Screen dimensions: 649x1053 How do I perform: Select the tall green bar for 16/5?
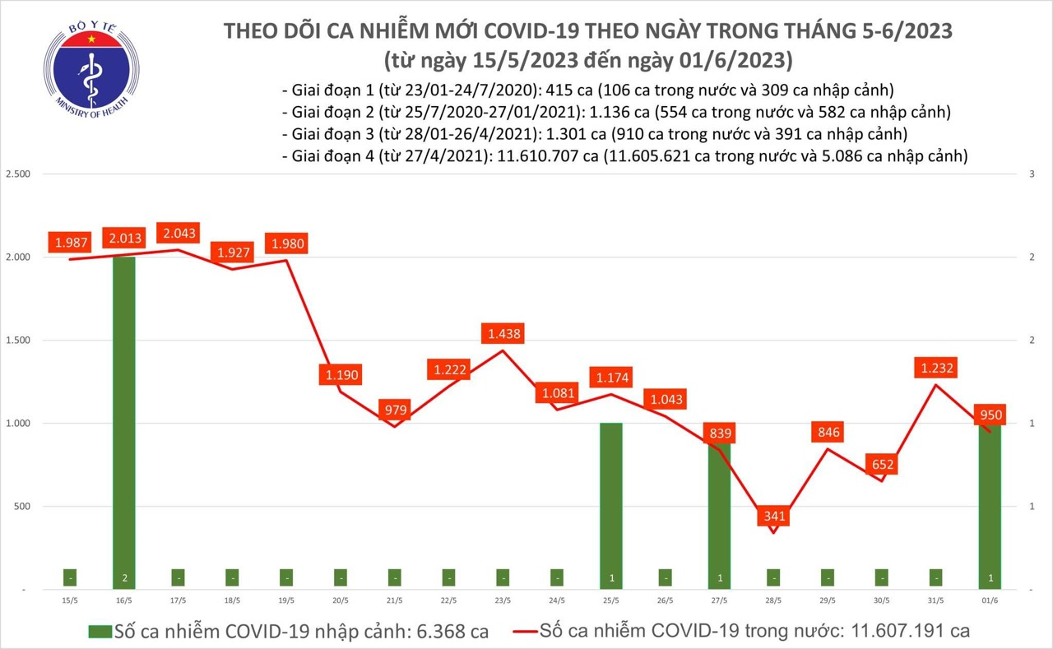tap(124, 411)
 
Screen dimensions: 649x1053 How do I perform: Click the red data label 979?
tap(395, 409)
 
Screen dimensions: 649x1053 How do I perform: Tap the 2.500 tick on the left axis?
tap(17, 174)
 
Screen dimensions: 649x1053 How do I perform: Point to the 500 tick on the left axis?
tap(21, 506)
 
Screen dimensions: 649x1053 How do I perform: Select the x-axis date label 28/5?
tap(773, 599)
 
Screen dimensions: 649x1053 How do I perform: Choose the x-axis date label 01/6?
tap(990, 599)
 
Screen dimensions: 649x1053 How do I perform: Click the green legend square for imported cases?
tap(100, 632)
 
